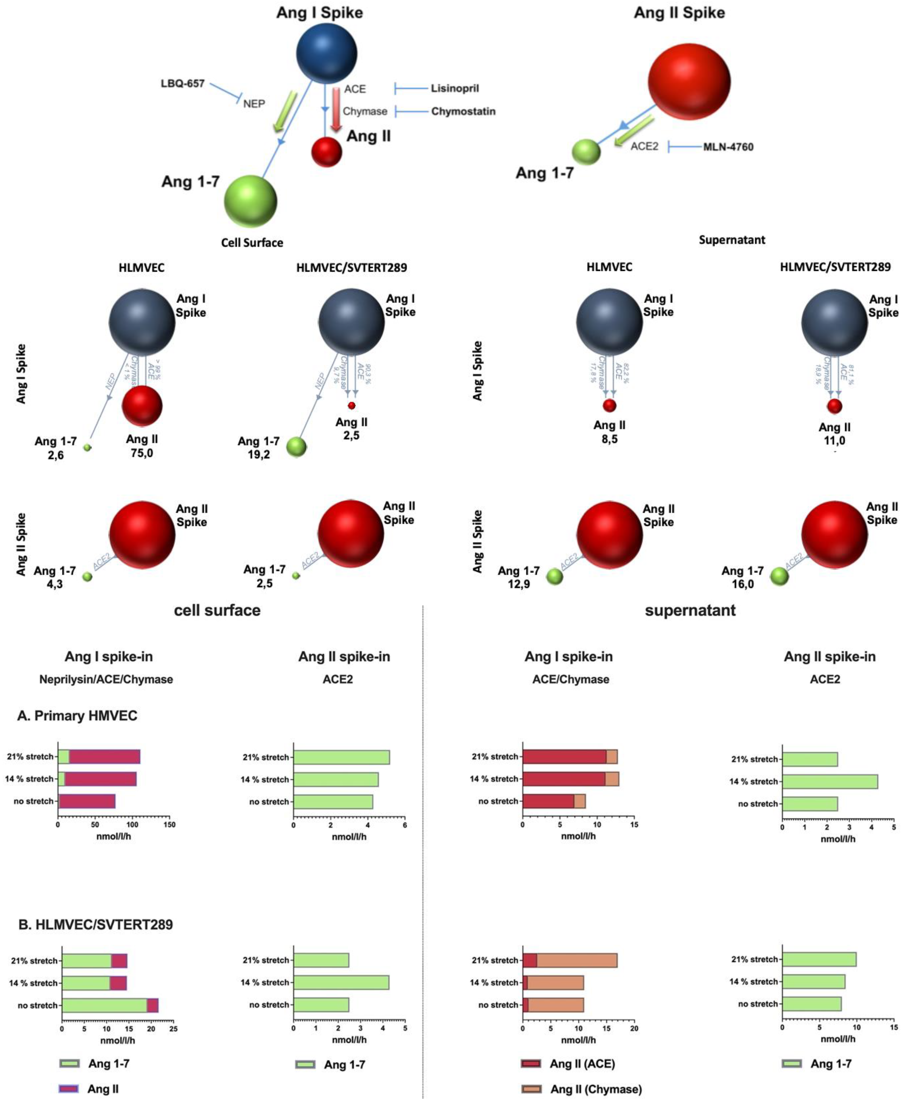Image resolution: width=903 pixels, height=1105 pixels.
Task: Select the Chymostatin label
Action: coord(463,111)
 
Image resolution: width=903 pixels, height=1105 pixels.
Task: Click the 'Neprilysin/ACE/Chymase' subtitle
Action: coord(106,679)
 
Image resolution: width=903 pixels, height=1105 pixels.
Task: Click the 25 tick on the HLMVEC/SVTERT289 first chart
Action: coord(173,1029)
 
